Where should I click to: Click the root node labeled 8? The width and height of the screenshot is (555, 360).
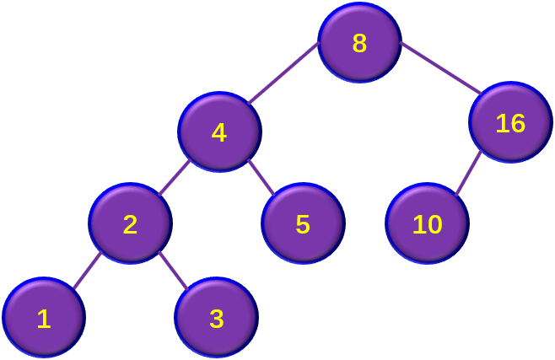pos(359,43)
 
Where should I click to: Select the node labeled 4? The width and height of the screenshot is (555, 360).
pos(220,132)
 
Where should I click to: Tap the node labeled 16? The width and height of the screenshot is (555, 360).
pos(511,122)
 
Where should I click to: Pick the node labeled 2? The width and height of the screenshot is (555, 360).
pos(130,223)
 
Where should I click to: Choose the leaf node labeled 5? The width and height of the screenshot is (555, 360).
pos(303,223)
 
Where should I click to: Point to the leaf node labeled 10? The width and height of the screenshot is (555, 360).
pos(428,223)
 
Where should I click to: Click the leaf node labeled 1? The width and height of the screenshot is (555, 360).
pos(44,318)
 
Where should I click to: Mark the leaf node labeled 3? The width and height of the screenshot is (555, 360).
pos(217,318)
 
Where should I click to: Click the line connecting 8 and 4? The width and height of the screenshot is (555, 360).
pos(284,73)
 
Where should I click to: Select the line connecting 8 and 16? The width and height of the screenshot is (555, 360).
pos(440,68)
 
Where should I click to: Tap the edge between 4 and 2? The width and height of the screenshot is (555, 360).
pos(174,178)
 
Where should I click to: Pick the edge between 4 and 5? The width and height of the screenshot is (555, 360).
pos(261,178)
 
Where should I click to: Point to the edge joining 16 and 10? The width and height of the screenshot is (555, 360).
pos(468,173)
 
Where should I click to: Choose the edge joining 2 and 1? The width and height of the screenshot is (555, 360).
pos(88,270)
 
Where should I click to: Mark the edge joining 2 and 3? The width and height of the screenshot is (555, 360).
pos(174,271)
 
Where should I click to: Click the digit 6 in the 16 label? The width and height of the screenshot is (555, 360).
pos(517,123)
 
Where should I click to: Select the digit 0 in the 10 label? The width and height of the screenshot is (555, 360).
pos(434,224)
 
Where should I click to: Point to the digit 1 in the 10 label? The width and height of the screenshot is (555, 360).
pos(418,224)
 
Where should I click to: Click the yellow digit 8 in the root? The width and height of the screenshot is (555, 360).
pos(359,44)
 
